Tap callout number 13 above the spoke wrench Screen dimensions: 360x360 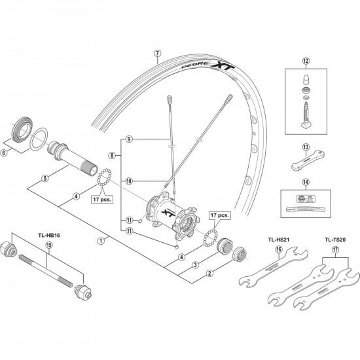click(305, 148)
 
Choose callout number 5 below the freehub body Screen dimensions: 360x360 click(45, 177)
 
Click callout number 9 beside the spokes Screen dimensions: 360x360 click(130, 140)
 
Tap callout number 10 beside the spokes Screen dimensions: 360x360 click(130, 181)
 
